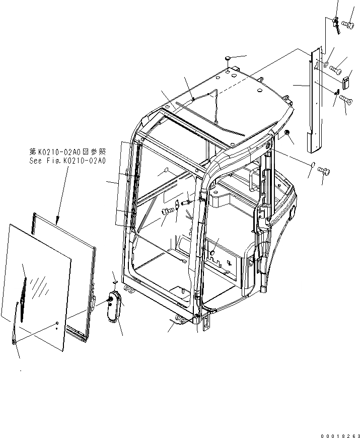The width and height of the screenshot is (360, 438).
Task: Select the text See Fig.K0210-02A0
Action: point(67,161)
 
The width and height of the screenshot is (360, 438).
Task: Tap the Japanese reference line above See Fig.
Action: point(67,152)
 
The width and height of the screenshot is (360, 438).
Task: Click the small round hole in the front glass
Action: point(57,323)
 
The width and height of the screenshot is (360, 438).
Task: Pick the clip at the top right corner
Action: point(336,23)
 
